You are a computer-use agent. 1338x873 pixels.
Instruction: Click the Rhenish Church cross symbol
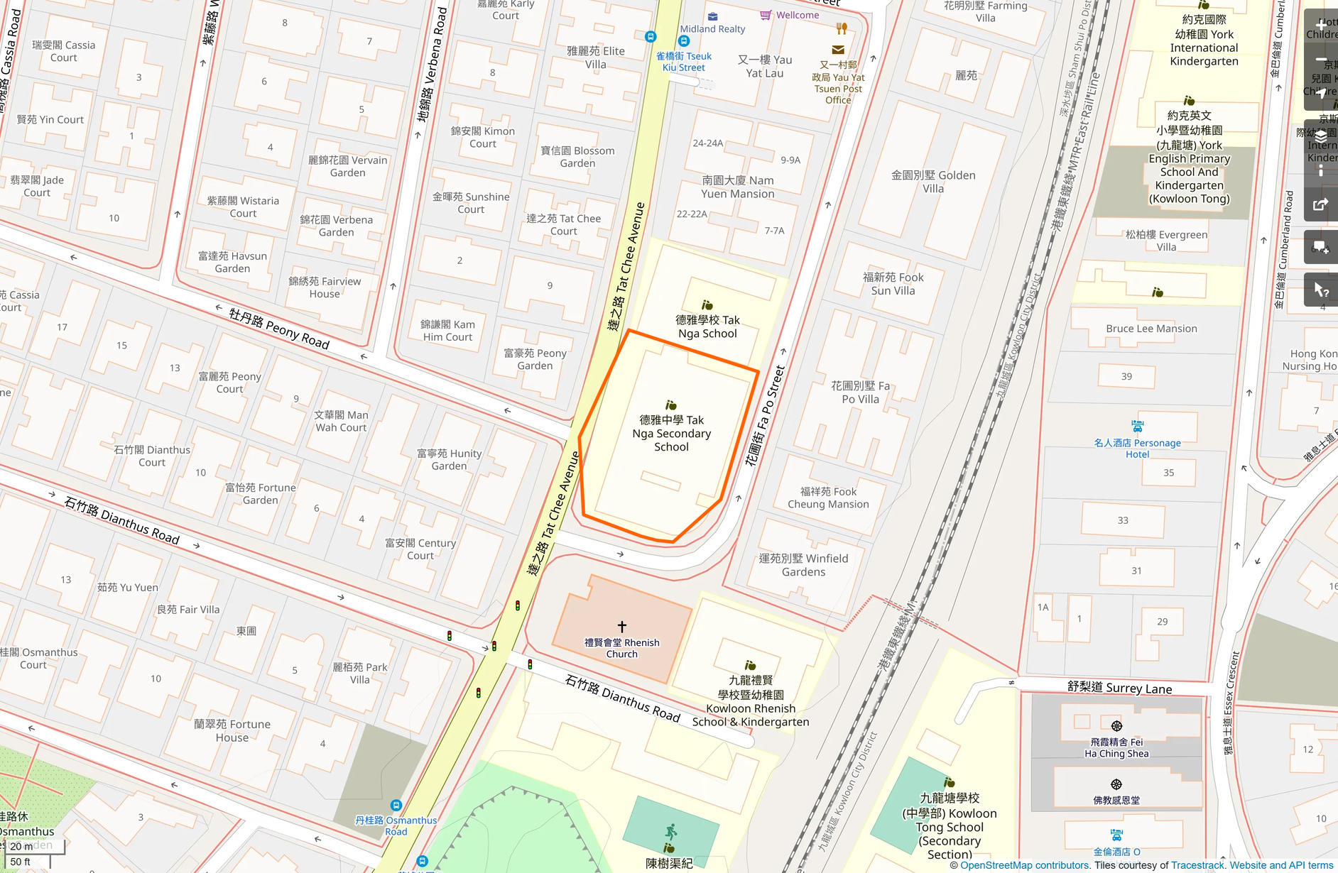coord(622,627)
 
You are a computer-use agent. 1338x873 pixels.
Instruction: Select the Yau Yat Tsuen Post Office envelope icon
coord(838,50)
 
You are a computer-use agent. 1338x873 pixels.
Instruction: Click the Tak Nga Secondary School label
coord(671,433)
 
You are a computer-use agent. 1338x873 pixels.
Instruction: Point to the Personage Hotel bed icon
coord(1138,427)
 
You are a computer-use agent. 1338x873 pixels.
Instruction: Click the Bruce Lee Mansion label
coord(1151,329)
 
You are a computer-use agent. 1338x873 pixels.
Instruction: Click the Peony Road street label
coord(279,328)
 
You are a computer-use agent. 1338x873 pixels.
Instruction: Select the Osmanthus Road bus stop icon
coord(396,806)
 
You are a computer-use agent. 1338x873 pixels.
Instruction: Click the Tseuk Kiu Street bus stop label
coord(683,62)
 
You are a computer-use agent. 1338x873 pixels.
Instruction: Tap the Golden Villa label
coord(933,182)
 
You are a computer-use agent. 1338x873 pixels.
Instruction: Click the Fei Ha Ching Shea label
coord(1116,748)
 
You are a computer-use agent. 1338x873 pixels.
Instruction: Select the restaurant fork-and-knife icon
coord(842,28)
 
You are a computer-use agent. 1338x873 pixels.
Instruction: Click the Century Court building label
coord(420,549)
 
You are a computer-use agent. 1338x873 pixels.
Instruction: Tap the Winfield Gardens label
coord(803,565)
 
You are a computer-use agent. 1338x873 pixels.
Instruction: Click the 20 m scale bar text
coord(21,846)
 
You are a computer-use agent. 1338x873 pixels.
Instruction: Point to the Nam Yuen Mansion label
coord(738,187)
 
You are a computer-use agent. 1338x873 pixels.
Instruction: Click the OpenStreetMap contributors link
coord(1024,865)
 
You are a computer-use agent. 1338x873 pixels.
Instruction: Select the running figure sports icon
coord(670,831)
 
